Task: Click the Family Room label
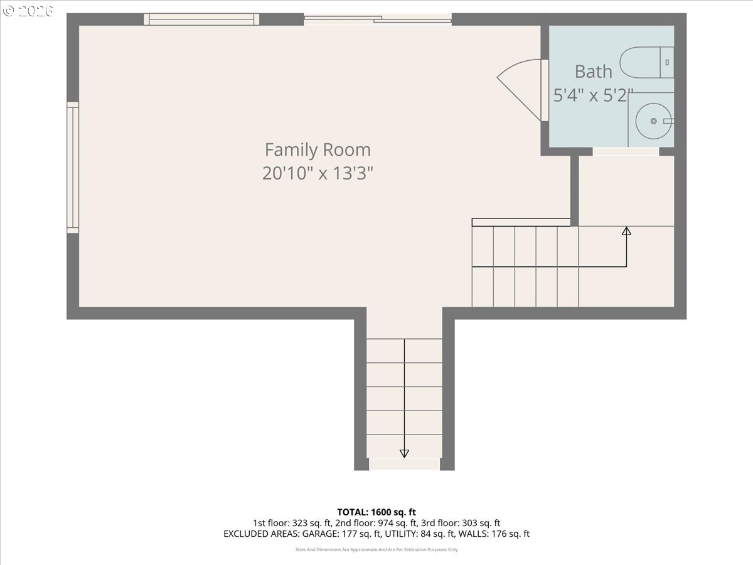click(318, 150)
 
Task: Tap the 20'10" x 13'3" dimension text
click(318, 173)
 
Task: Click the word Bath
click(593, 72)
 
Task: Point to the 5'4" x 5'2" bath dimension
click(593, 95)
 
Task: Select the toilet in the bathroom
click(646, 62)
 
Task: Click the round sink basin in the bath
click(653, 121)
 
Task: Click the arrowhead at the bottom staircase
click(404, 453)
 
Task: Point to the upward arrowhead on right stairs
click(626, 231)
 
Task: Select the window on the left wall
click(73, 168)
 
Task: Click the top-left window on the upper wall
click(201, 19)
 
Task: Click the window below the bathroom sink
click(626, 151)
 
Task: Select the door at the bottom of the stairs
click(404, 464)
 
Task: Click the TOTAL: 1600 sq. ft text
click(376, 512)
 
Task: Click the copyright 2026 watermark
click(28, 11)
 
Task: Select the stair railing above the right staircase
click(521, 222)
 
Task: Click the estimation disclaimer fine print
click(376, 550)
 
